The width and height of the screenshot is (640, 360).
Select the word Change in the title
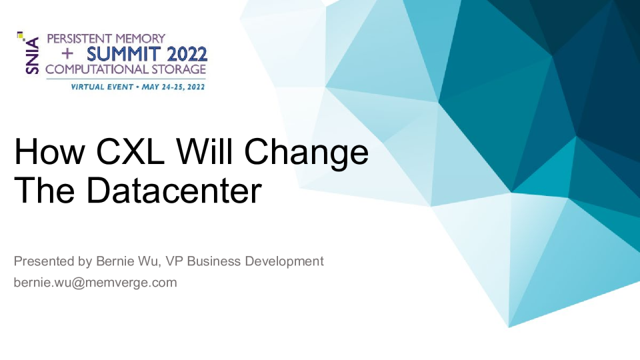[x=307, y=152]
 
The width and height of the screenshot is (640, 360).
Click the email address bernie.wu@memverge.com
[x=95, y=283]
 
